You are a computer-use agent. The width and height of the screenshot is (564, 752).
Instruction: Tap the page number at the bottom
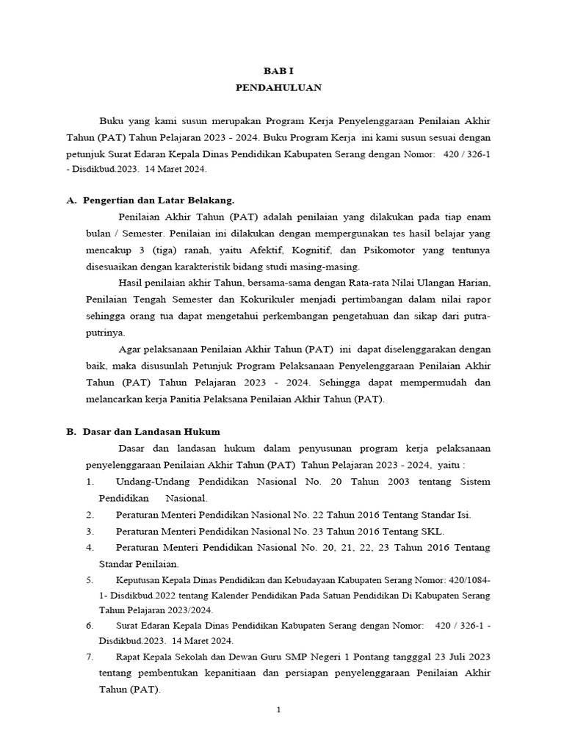point(279,710)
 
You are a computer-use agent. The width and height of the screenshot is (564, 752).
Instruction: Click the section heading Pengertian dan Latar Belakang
point(161,200)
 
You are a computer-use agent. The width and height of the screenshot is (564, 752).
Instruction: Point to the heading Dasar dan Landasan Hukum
point(151,432)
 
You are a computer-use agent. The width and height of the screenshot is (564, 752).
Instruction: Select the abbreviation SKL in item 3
point(428,531)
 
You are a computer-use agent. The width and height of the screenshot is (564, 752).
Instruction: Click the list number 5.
point(89,579)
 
